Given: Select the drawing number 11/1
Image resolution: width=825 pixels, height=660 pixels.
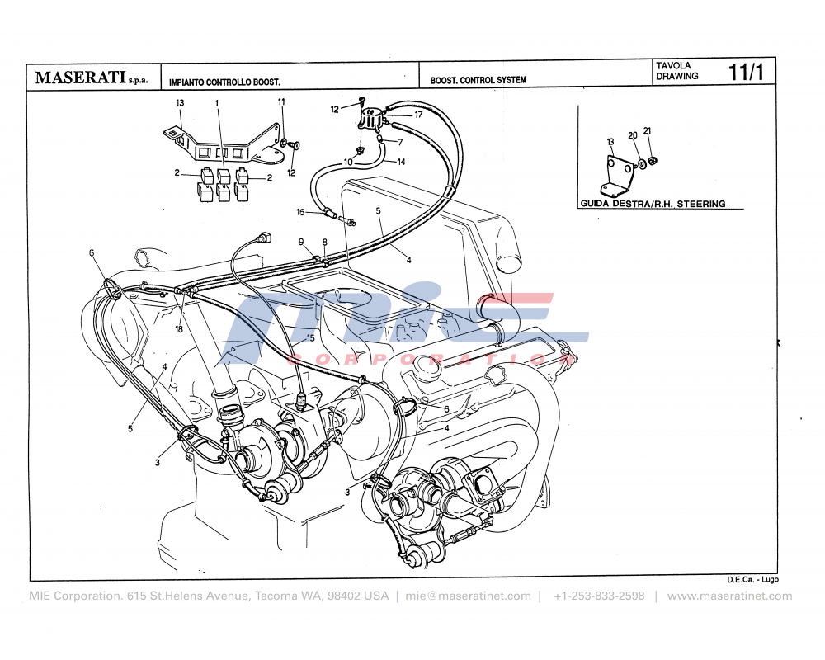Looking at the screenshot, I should (746, 73).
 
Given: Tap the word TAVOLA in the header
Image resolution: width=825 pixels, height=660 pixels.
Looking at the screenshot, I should (673, 65).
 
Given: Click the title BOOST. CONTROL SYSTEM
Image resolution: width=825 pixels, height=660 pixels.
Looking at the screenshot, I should (478, 81).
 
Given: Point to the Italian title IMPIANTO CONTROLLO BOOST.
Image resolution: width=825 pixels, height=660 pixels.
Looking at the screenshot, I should (224, 82).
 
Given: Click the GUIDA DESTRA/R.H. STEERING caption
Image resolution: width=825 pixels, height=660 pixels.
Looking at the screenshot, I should (653, 203).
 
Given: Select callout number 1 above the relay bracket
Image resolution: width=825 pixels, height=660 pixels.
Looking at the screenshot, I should (217, 103).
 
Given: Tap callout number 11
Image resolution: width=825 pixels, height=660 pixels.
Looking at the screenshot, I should (281, 101).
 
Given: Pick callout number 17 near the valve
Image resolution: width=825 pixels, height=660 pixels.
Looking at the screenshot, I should (418, 115).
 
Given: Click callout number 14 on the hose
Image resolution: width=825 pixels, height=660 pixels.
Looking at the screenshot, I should (401, 162).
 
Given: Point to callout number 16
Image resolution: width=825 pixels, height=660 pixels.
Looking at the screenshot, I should (302, 212).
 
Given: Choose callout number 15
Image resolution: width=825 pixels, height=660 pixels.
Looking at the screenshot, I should (309, 337).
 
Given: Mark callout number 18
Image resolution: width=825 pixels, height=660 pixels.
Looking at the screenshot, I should (179, 329).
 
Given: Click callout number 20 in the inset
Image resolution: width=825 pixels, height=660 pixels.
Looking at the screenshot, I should (632, 135).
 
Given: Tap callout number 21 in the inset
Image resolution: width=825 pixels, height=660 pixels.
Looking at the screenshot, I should (648, 132).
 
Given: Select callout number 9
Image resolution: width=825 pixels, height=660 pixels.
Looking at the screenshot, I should (302, 241).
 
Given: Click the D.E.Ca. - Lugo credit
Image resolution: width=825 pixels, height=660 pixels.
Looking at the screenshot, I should (752, 580).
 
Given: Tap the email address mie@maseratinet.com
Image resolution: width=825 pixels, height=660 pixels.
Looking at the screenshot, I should (468, 596).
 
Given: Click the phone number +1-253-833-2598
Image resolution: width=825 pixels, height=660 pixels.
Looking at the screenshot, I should (599, 596).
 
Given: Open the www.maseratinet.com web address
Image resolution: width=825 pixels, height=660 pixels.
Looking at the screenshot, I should (729, 596).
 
